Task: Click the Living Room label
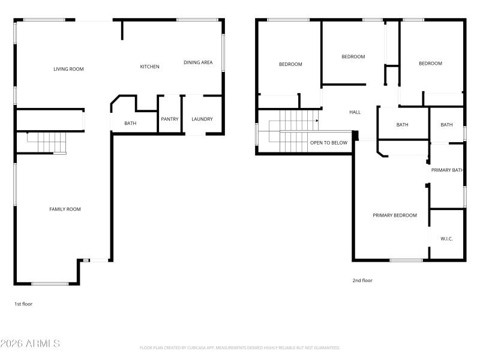point(68,69)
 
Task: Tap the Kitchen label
point(149,67)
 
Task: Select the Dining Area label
point(198,62)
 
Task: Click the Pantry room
point(170,119)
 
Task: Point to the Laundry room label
point(202,119)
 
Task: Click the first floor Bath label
point(130,124)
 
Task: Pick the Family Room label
point(65,209)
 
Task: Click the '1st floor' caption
point(23,304)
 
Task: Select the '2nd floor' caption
point(362,280)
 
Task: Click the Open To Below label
point(328,143)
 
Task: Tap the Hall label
point(355,112)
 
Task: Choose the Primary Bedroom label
point(394,215)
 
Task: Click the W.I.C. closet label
point(446,239)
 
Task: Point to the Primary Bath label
point(447,170)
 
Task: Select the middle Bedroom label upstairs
point(353,57)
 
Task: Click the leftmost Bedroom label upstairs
point(290,64)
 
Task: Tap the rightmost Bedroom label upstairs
point(430,64)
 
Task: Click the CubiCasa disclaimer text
point(239,347)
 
